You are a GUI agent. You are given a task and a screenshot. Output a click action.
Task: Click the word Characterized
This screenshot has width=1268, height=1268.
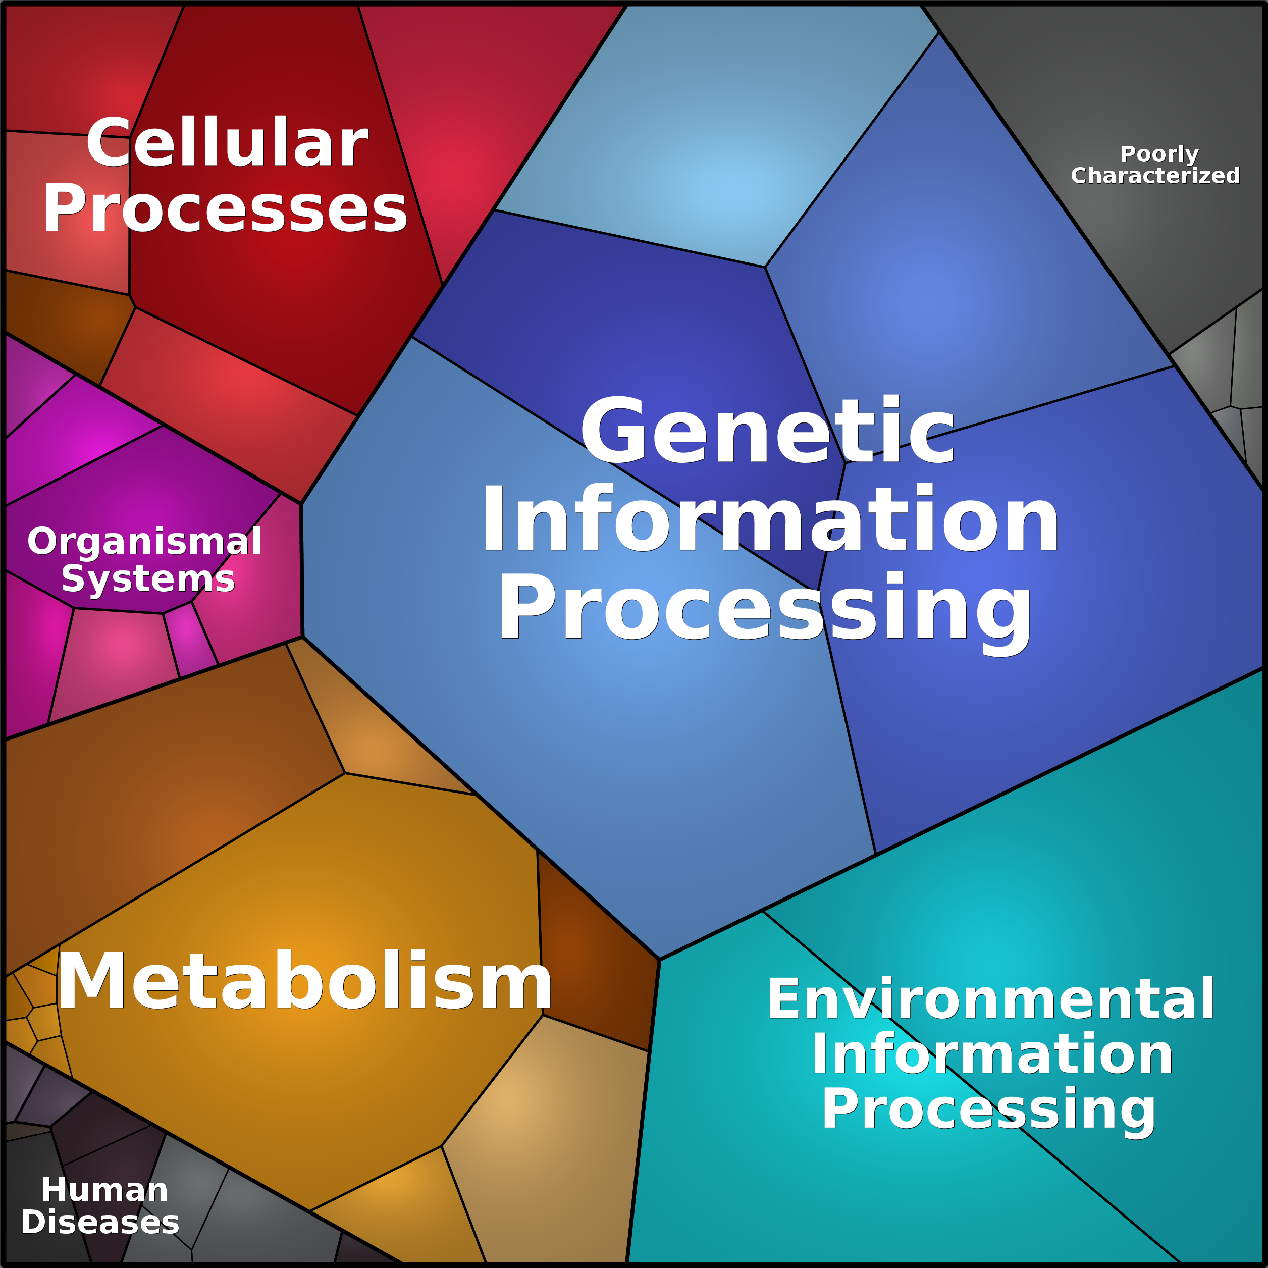click(x=1155, y=175)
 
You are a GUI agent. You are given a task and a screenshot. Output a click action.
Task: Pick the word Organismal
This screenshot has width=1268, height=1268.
click(x=144, y=542)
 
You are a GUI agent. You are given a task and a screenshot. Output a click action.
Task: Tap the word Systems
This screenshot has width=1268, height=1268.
click(x=148, y=578)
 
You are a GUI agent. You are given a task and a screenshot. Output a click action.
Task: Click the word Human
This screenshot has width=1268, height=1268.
click(x=105, y=1189)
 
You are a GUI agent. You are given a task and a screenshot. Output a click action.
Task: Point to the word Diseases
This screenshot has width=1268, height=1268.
click(x=100, y=1222)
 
